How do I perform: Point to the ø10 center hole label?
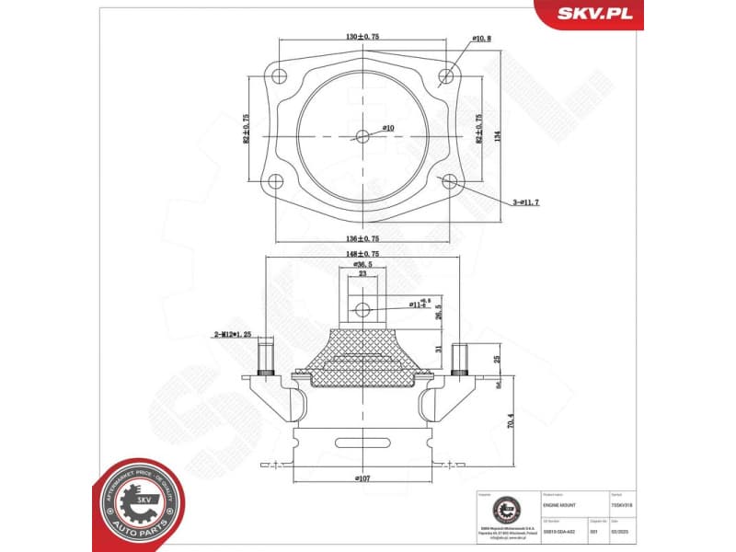(x=387, y=127)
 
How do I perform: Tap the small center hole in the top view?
(x=362, y=136)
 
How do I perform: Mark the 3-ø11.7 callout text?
(x=525, y=201)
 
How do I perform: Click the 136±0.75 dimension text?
(x=362, y=237)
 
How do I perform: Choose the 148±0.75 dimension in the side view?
(x=362, y=253)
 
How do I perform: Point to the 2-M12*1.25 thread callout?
(x=233, y=336)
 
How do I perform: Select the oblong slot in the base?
(x=362, y=438)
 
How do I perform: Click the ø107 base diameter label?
(x=362, y=478)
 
